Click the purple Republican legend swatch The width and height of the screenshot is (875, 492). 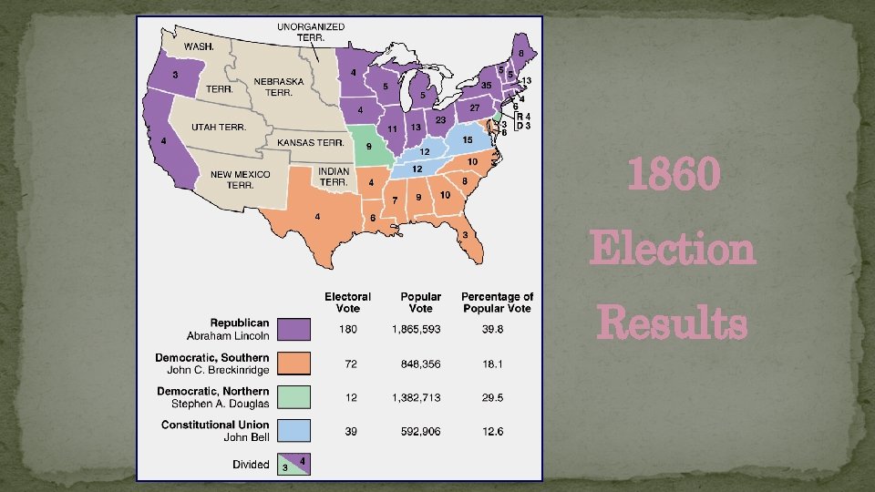[x=294, y=329]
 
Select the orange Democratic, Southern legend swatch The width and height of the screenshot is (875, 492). [x=294, y=363]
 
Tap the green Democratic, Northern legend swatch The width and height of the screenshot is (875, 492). [x=294, y=396]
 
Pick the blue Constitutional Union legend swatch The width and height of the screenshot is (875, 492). [x=294, y=430]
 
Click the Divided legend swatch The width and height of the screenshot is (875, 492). [x=294, y=464]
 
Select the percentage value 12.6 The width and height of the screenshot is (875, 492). [x=493, y=431]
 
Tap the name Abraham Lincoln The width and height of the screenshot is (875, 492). [x=229, y=336]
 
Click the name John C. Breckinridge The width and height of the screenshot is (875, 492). [x=218, y=370]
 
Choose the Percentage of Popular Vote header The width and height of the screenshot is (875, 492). [x=497, y=302]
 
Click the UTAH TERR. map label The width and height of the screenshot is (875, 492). [x=218, y=128]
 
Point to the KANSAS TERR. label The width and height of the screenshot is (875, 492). [x=310, y=143]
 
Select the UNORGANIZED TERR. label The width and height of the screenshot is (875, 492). [x=311, y=33]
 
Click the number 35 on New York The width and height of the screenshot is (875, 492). [x=487, y=86]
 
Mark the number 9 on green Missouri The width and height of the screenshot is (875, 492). [x=368, y=146]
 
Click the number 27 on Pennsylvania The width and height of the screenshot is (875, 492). [x=474, y=108]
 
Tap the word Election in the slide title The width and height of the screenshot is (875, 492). [x=673, y=249]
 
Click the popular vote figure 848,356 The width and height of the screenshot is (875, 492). [x=421, y=364]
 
